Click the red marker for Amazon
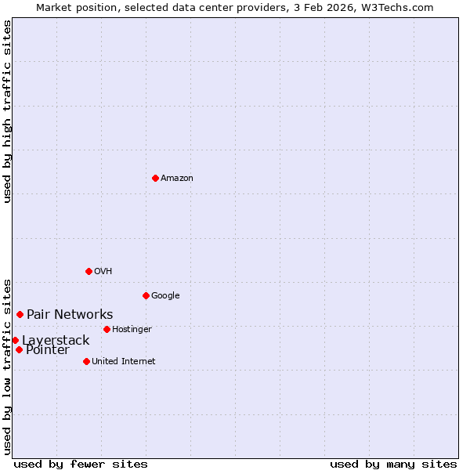coord(155,178)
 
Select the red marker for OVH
coord(89,271)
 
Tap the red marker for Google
coord(146,295)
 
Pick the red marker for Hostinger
coord(107,329)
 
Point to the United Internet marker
coord(86,361)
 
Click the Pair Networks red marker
coord(20,314)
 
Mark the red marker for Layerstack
coord(15,340)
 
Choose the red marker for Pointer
coord(19,349)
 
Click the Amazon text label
coord(177,179)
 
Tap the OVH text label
coord(103,272)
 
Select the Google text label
coord(165,296)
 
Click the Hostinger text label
coord(132,330)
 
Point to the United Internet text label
coord(124,362)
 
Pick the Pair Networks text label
coord(70,315)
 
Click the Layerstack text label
coord(56,341)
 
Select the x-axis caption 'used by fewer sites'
coord(81,464)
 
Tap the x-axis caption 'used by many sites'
coord(393,464)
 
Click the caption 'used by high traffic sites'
coord(7,111)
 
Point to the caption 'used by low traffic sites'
coord(7,366)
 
